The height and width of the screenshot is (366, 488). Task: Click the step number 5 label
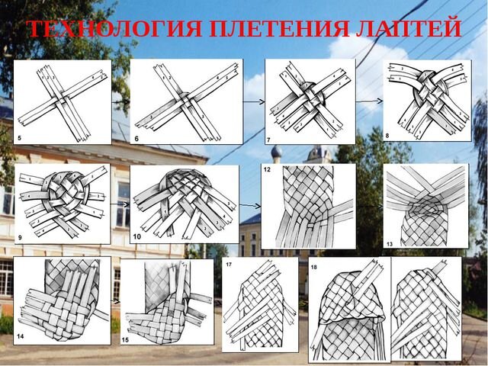(18, 138)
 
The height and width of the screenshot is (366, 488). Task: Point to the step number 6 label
(136, 138)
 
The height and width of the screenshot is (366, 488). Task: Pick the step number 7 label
(269, 140)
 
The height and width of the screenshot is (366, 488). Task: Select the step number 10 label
(137, 237)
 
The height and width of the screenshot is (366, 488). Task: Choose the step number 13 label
(389, 243)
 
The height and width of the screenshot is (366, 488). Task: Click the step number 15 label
(127, 338)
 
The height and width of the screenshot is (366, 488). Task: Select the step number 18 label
(314, 266)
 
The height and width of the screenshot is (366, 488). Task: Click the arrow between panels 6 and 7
(254, 101)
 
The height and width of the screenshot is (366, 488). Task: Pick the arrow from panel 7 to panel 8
(368, 100)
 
